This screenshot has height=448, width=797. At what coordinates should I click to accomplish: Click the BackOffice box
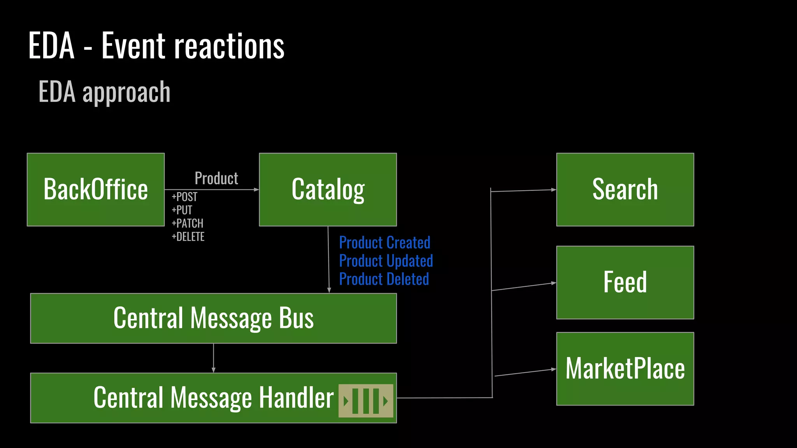(x=96, y=189)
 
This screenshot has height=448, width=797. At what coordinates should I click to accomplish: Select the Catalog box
(x=328, y=189)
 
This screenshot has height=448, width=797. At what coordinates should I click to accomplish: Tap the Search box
(x=625, y=189)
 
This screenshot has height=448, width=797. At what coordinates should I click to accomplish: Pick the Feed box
(x=625, y=282)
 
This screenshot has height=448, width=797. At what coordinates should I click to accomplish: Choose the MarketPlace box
(x=625, y=369)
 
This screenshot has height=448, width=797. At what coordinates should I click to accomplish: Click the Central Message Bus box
(x=213, y=318)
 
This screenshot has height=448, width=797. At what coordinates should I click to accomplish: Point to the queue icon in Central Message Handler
(x=365, y=401)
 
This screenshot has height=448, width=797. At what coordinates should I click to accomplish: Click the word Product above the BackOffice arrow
(x=216, y=178)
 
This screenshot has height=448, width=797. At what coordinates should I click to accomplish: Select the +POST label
(x=184, y=197)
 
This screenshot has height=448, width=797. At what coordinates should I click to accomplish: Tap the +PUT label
(x=182, y=210)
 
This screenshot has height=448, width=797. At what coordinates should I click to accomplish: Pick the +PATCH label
(x=188, y=223)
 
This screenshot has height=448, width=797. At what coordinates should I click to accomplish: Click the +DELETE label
(x=188, y=236)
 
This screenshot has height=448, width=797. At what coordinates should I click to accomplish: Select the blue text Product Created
(x=384, y=243)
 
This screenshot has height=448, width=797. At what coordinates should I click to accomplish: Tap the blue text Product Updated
(x=386, y=261)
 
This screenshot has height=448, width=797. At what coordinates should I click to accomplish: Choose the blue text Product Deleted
(x=384, y=279)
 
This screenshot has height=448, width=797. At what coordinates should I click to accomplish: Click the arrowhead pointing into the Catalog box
(x=256, y=190)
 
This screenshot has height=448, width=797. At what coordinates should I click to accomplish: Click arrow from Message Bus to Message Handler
(x=213, y=358)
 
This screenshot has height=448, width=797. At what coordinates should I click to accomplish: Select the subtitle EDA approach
(x=104, y=92)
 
